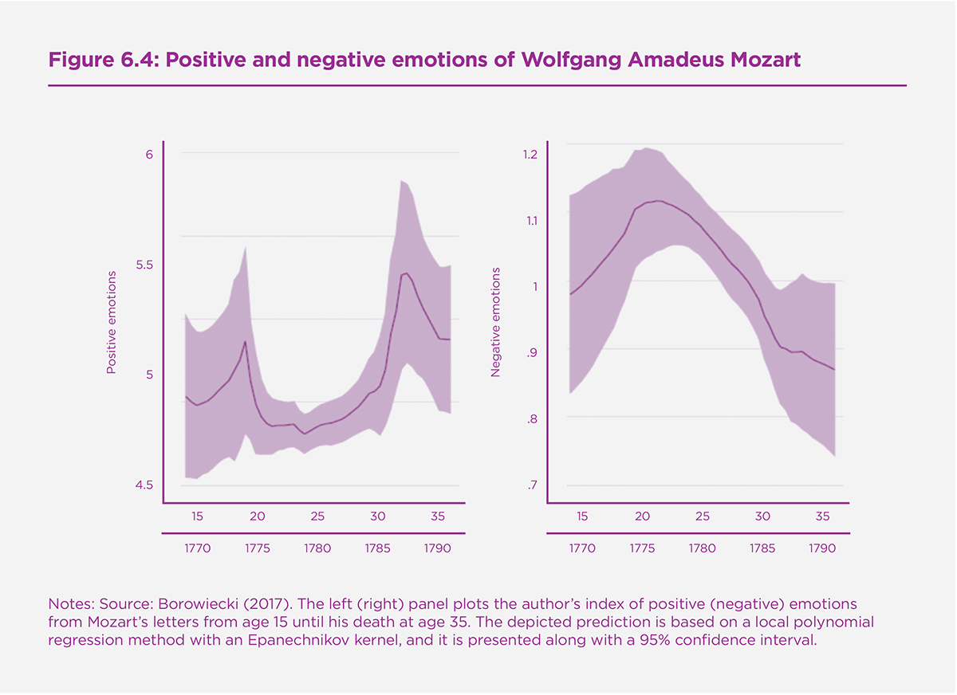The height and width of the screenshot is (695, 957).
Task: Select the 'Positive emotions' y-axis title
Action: point(112,322)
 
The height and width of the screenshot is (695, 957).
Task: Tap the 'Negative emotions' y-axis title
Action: point(495,322)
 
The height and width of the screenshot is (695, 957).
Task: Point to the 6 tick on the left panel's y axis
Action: point(148,154)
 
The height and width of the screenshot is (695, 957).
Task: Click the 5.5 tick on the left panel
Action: point(144,265)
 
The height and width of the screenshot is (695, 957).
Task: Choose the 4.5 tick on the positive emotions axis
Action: point(144,485)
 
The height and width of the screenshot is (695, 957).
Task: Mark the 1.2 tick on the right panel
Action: point(530,154)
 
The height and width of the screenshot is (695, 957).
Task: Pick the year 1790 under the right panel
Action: point(822,548)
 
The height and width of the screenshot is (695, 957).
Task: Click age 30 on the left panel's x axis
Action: point(378,516)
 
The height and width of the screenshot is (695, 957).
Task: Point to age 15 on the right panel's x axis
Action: point(582,516)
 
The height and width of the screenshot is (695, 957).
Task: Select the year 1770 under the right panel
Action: point(582,548)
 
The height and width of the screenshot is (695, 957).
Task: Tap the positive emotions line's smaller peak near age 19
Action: point(245,341)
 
